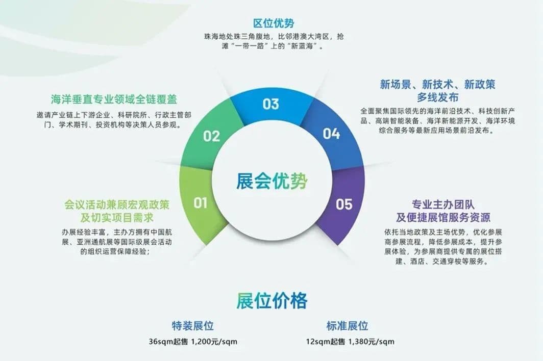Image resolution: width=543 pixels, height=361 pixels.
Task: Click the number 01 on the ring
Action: [x=200, y=203]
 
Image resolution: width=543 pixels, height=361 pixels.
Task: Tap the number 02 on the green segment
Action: [x=212, y=136]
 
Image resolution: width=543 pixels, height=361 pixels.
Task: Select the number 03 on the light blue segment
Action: [x=270, y=104]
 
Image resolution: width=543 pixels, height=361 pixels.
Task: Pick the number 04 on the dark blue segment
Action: [x=331, y=134]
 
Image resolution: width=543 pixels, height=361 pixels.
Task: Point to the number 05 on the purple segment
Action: [x=344, y=204]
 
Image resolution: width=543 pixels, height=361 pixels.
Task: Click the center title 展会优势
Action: [x=272, y=181]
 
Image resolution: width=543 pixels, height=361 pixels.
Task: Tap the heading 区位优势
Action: [x=274, y=23]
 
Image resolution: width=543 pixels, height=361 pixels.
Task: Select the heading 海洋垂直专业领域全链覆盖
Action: [x=114, y=99]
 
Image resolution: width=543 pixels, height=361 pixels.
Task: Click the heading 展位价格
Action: [x=272, y=300]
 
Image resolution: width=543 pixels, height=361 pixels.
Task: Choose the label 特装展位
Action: [x=193, y=326]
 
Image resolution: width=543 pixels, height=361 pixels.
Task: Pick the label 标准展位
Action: [x=348, y=326]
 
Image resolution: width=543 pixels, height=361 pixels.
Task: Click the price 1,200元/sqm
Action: [x=214, y=342]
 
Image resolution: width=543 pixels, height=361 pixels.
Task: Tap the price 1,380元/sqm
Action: [x=371, y=342]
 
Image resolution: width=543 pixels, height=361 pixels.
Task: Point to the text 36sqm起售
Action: [x=168, y=342]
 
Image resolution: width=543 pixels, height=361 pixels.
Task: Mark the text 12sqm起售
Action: [x=325, y=342]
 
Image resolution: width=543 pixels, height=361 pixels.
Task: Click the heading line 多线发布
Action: [x=438, y=97]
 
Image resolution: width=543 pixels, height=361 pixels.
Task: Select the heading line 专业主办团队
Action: [x=443, y=204]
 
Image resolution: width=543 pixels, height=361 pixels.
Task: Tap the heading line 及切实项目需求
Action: [x=117, y=218]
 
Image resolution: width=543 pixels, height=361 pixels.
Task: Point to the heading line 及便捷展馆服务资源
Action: [x=443, y=217]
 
